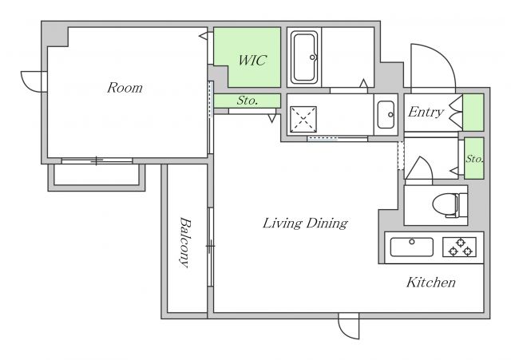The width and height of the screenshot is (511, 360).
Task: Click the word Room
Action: point(125,88)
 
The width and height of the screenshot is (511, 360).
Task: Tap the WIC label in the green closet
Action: point(252,61)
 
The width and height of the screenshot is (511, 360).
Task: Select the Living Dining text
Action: point(305,224)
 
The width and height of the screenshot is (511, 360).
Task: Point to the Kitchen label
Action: point(431,282)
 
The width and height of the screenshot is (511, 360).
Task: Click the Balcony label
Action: point(184,243)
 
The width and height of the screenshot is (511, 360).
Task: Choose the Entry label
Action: point(426,112)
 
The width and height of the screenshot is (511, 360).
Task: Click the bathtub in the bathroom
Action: point(305,57)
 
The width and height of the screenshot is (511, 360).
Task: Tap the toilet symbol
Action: point(450,205)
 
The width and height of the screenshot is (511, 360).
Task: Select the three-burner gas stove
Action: point(460,247)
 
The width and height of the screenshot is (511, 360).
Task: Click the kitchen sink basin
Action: point(412,247)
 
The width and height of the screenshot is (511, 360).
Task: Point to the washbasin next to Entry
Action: point(386,115)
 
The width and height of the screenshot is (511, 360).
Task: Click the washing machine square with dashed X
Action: point(303,119)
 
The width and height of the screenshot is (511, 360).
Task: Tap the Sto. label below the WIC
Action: point(248,101)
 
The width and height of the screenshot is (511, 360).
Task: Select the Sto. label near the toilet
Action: point(474,159)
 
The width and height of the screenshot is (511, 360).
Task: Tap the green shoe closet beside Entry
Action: point(473,113)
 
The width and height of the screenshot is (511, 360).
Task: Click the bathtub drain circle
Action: point(312,57)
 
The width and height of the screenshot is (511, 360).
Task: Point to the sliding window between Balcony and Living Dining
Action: point(211,247)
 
